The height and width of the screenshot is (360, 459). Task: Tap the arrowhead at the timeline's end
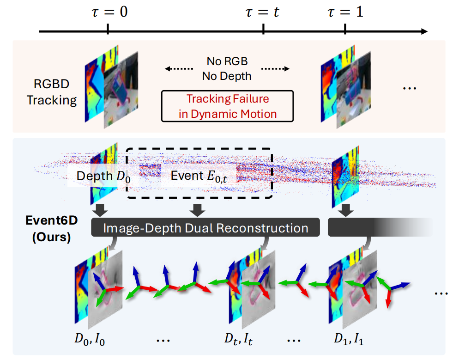pos(423,32)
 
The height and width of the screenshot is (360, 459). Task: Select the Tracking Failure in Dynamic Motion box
pos(227,106)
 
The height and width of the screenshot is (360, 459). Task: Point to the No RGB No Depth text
pos(227,69)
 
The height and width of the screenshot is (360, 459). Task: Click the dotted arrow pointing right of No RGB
pos(275,69)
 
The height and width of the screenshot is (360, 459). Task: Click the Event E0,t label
pos(199,176)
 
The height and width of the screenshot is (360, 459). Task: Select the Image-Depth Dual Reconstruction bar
pos(205,228)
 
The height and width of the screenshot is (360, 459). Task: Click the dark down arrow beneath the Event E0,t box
pos(198,210)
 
